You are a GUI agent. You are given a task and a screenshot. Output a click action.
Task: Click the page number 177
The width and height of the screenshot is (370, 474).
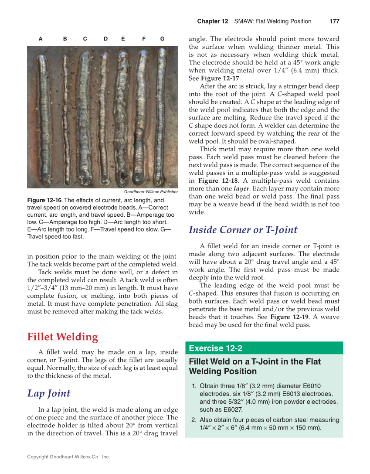tap(334, 21)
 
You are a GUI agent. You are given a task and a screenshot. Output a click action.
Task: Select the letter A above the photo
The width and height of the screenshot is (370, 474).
tap(41, 39)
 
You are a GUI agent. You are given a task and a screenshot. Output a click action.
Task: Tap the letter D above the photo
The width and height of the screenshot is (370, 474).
tap(105, 39)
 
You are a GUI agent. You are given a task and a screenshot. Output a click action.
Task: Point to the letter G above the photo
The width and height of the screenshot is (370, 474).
tap(162, 39)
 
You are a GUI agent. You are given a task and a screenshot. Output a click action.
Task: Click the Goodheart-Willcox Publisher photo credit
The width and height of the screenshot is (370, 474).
tap(151, 192)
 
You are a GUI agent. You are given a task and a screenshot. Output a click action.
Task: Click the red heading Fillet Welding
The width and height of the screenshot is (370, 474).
tap(62, 337)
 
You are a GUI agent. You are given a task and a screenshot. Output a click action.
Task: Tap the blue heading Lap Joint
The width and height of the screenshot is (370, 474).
tap(49, 393)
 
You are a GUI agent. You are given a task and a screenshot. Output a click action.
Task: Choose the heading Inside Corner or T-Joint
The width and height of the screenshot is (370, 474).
tap(243, 230)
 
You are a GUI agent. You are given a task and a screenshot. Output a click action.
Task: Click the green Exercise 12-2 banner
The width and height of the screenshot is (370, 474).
tap(264, 348)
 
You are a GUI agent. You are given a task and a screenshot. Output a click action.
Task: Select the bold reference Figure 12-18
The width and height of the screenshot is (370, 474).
tap(218, 181)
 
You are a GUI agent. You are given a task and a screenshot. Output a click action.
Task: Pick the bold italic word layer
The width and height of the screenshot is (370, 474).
tap(241, 189)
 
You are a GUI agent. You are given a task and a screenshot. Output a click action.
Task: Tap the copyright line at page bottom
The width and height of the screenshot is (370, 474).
tap(68, 457)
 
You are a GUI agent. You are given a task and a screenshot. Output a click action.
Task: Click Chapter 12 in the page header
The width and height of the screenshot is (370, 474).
tap(212, 21)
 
